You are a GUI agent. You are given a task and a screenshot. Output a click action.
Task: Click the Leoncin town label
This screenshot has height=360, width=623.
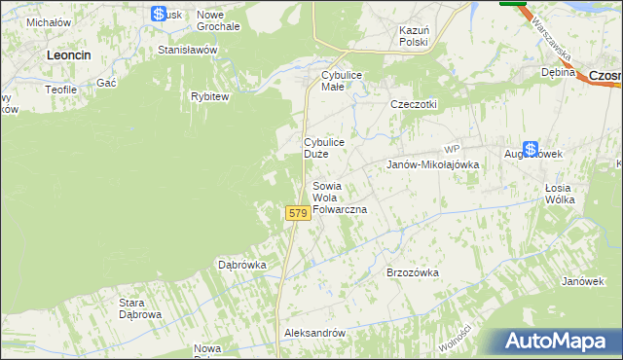[x=69, y=56]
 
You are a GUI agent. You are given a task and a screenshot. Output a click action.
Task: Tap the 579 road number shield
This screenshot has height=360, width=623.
[x=298, y=212]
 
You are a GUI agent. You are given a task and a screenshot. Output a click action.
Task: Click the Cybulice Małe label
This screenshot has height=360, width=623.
[x=342, y=81]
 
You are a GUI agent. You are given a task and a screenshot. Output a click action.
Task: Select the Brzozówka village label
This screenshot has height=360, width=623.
[x=413, y=273]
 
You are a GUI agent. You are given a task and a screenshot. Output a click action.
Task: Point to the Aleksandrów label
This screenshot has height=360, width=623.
[x=314, y=333]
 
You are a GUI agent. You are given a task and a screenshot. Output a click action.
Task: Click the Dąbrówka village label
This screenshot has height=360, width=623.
[x=242, y=264]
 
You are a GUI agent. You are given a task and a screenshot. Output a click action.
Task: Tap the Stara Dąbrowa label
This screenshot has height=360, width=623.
[x=139, y=308]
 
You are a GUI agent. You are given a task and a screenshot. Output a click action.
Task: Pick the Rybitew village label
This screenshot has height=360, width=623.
[x=209, y=96]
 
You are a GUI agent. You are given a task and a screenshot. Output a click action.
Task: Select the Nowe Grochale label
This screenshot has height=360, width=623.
[x=218, y=20]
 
